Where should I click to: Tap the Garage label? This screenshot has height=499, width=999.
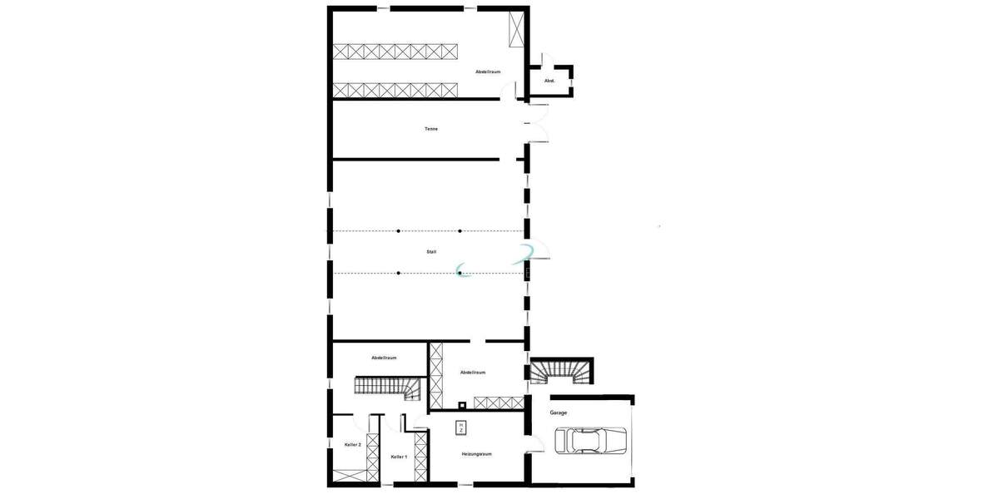(x=559, y=413)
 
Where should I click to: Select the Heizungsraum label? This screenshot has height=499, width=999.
(x=477, y=454)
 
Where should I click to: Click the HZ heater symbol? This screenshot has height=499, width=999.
(x=460, y=427)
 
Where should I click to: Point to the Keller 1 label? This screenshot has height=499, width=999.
(x=399, y=457)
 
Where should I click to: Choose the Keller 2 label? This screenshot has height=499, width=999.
(x=352, y=445)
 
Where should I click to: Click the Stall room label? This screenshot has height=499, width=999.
(x=431, y=251)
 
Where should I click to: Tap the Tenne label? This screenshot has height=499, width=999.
(x=431, y=129)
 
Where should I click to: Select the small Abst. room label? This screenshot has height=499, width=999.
(x=549, y=81)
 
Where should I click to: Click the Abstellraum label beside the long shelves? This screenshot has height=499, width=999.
(x=488, y=72)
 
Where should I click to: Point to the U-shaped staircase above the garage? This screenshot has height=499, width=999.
(x=563, y=371)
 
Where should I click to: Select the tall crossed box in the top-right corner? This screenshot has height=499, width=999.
(x=516, y=29)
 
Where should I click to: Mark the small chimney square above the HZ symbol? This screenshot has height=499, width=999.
(x=462, y=407)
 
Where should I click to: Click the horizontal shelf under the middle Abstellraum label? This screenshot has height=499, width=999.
(x=498, y=403)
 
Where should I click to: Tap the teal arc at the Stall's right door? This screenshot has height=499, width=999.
(x=525, y=254)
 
